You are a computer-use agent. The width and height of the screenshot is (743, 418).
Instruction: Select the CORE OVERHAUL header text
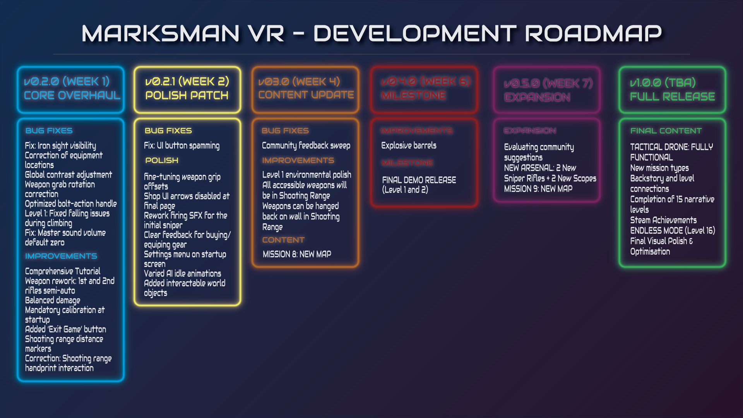coord(72,96)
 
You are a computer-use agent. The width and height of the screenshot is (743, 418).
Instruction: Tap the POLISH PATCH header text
coord(187,96)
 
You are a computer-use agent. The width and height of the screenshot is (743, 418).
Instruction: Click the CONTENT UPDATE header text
coord(306,95)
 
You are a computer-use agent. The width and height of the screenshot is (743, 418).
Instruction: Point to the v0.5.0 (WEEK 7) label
coord(548,84)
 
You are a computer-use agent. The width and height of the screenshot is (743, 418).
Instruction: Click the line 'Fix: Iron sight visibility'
coord(60,146)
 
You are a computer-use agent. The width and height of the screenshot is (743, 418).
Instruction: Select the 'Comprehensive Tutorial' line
coord(63,271)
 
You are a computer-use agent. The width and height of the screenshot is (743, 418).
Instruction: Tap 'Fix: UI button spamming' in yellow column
coord(181,146)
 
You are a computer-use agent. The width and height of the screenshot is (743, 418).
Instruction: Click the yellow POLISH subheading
coord(162,160)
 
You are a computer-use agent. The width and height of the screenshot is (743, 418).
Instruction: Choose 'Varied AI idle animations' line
coord(182,273)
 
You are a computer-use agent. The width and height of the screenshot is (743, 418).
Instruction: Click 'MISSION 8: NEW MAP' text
coord(297,254)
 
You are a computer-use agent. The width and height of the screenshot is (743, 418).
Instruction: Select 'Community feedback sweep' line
coord(306,146)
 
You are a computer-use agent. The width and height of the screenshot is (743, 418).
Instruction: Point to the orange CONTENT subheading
coord(283,240)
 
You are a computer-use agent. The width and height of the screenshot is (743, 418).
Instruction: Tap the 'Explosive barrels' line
coord(409,146)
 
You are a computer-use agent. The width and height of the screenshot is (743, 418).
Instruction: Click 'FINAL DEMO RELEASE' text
coord(419,180)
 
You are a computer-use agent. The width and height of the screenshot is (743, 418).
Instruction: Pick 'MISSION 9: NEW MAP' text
coord(538,189)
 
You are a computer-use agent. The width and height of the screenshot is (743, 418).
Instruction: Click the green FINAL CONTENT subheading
coord(666,131)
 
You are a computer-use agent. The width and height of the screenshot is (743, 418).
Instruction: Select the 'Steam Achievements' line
coord(663,220)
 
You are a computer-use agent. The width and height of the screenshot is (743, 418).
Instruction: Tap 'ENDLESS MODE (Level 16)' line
coord(673,231)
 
